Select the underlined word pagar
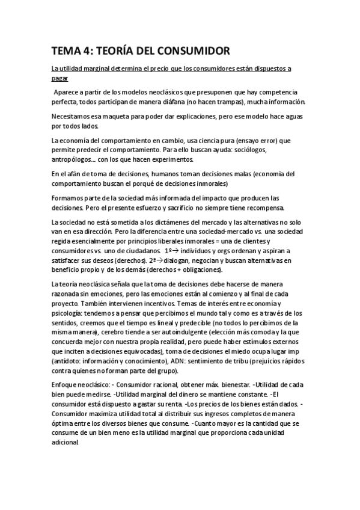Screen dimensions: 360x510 pyautogui.click(x=60, y=78)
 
